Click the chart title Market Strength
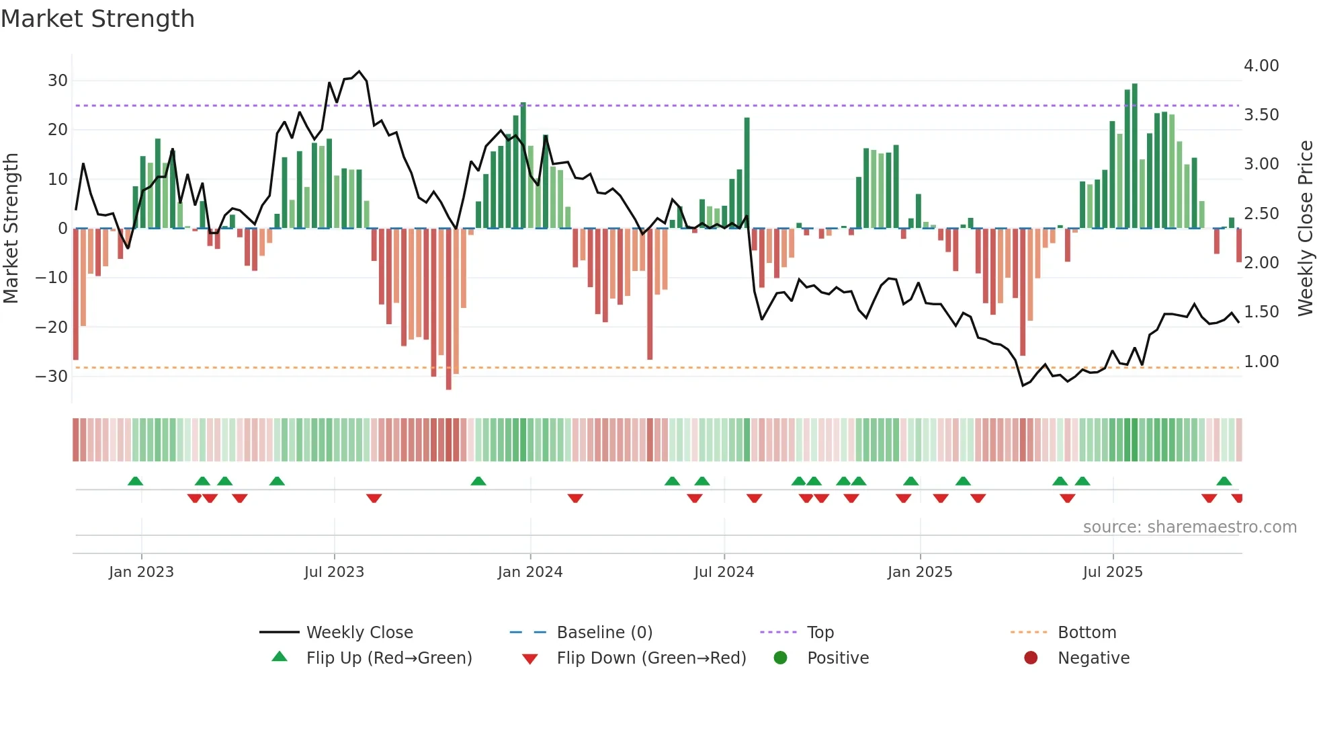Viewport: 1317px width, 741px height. (x=97, y=19)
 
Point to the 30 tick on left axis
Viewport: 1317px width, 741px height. (x=58, y=81)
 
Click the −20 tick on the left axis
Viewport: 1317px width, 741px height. (x=52, y=327)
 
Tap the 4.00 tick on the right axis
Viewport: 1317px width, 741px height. (x=1261, y=66)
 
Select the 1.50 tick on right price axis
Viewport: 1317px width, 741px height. (x=1261, y=312)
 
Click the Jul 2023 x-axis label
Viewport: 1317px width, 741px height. (x=334, y=572)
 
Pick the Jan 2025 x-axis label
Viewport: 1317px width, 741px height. (x=920, y=572)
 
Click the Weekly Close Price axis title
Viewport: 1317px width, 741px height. (x=1305, y=229)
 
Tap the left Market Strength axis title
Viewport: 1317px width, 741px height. (x=11, y=229)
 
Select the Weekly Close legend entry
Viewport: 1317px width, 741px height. (x=359, y=633)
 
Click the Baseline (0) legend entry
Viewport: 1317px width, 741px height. (x=604, y=633)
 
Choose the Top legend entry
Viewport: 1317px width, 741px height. (x=820, y=633)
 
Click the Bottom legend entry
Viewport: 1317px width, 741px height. (x=1087, y=633)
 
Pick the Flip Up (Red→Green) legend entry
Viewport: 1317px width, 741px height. (x=388, y=658)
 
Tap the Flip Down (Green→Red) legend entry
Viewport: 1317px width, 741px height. (x=650, y=658)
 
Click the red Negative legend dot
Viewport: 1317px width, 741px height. (x=1031, y=658)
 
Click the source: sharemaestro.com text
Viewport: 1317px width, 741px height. (x=1189, y=527)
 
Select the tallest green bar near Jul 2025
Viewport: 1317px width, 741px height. (x=1135, y=155)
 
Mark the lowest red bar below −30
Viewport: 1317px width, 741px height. (x=449, y=309)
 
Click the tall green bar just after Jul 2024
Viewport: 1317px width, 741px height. (x=747, y=173)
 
